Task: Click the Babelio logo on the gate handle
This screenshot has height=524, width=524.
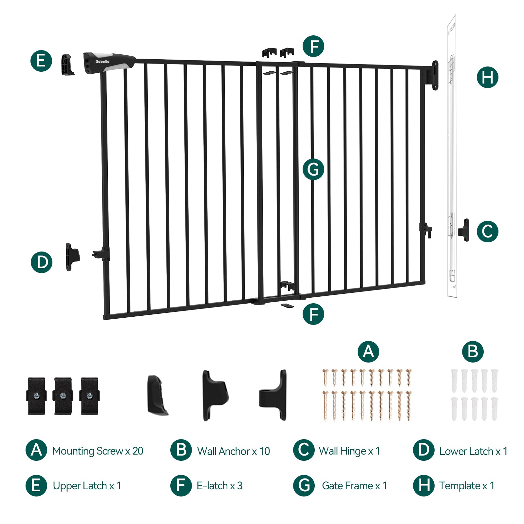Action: (x=103, y=62)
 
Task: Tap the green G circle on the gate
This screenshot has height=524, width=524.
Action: (x=313, y=169)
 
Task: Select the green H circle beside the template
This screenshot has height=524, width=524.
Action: (x=487, y=77)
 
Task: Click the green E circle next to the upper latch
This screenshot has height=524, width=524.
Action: (x=41, y=61)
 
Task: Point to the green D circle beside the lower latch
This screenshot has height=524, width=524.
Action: (x=42, y=262)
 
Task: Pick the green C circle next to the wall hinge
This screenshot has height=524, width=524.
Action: (x=487, y=231)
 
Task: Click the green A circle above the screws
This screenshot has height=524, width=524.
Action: (x=368, y=351)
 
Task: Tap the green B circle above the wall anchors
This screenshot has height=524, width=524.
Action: (x=473, y=351)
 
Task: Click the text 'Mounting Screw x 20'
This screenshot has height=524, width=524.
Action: (x=98, y=451)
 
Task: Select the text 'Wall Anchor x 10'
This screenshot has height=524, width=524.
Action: (x=234, y=451)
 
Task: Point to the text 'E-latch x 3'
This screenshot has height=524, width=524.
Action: (x=219, y=486)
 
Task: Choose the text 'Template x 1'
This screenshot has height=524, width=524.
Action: (x=467, y=486)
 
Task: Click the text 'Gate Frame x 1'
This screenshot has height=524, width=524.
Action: (x=354, y=486)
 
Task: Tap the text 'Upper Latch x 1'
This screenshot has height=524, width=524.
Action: (x=87, y=486)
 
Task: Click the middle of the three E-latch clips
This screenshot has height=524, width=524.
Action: (x=63, y=396)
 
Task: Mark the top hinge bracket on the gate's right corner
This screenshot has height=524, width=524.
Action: (x=434, y=75)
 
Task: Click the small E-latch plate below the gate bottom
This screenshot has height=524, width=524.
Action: (x=287, y=305)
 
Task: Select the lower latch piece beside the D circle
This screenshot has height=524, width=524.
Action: (x=72, y=256)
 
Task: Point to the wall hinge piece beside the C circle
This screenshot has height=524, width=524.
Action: (x=464, y=230)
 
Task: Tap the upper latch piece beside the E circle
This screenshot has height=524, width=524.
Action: (x=67, y=65)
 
